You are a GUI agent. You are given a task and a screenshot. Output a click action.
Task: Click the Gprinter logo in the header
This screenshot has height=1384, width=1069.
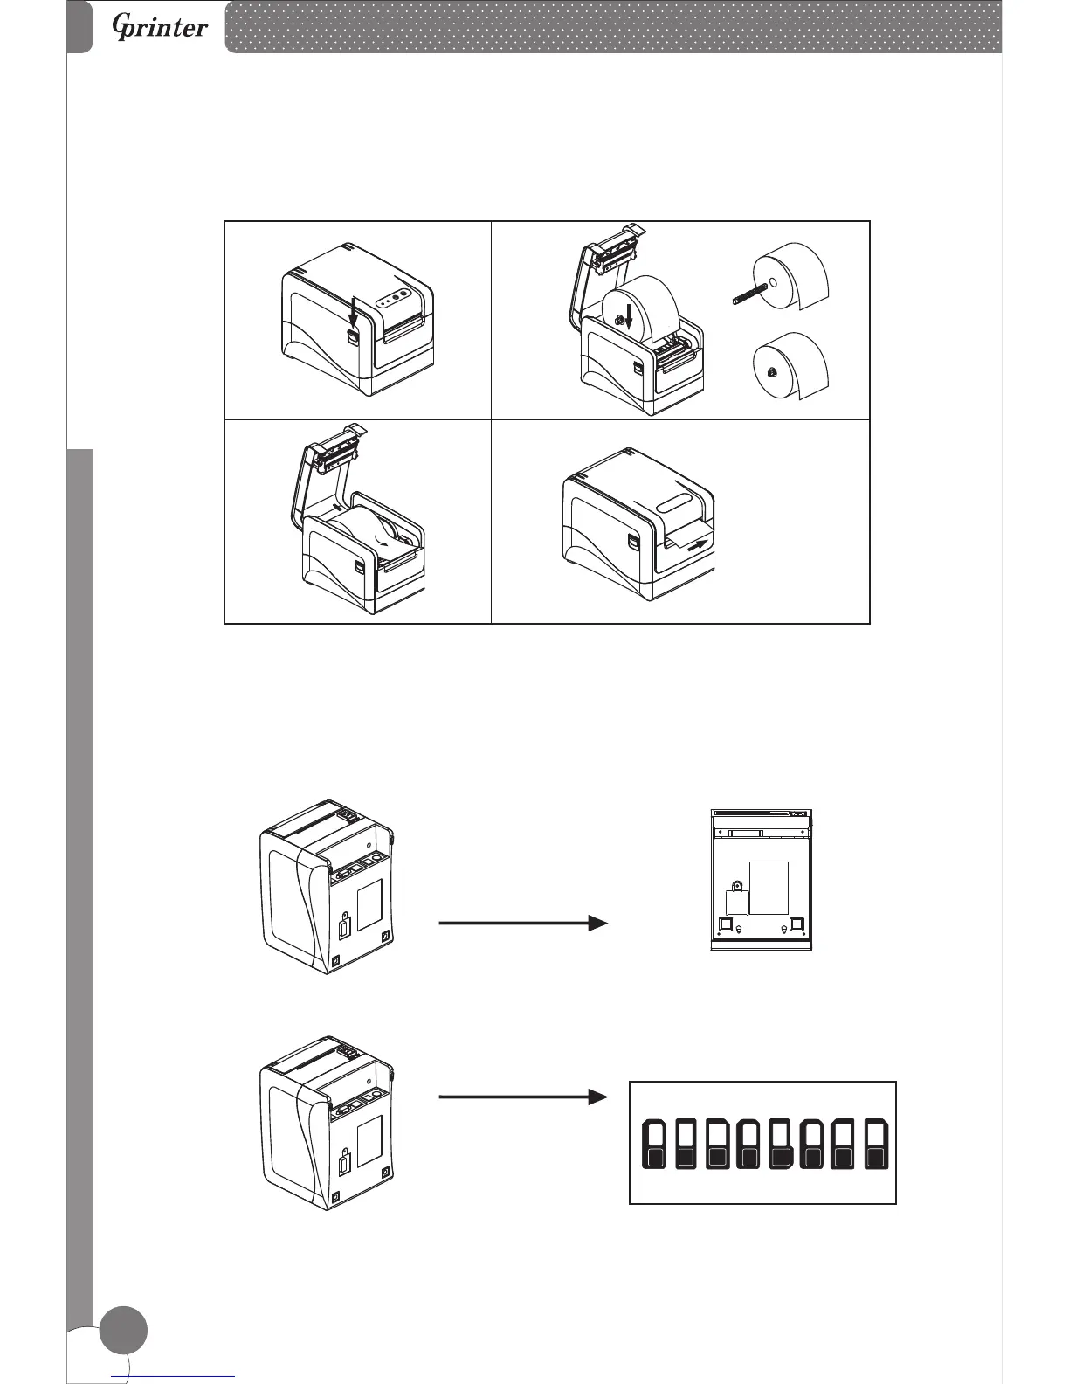161,28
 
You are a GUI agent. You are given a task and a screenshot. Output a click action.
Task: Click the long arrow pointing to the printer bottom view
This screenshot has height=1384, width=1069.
522,923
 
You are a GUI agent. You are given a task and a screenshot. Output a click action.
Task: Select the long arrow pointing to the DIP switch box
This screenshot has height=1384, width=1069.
522,1097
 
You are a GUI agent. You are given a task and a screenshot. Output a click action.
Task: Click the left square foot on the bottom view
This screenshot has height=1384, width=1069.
725,924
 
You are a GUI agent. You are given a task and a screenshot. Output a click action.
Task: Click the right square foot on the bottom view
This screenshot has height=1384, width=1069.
797,924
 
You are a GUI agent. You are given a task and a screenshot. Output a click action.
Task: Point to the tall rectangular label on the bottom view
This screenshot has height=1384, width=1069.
769,887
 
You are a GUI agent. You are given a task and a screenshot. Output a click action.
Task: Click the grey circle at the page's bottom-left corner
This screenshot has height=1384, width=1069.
123,1330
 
